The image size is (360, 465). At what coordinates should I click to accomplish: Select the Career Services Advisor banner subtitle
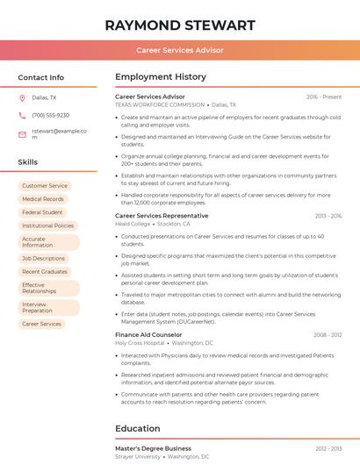(x=180, y=51)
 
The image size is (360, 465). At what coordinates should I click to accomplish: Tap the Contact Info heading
(x=41, y=77)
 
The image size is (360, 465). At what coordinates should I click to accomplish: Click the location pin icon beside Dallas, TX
(x=22, y=98)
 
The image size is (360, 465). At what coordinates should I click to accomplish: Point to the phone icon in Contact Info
(x=22, y=116)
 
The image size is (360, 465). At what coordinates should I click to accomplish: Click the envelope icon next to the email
(x=22, y=134)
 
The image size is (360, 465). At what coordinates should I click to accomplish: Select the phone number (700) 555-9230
(x=50, y=116)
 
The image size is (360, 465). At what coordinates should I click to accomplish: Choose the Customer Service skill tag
(x=45, y=186)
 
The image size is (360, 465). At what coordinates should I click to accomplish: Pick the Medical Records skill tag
(x=43, y=199)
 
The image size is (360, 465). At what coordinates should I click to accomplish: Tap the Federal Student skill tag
(x=42, y=212)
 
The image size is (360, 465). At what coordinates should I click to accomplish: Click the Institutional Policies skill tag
(x=48, y=225)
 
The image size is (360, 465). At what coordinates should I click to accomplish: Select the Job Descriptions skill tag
(x=44, y=259)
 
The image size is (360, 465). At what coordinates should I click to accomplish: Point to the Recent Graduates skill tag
(x=45, y=272)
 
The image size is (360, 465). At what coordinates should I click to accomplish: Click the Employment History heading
(x=161, y=77)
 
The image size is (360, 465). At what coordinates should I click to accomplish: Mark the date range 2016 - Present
(x=324, y=97)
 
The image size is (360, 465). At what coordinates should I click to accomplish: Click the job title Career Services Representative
(x=162, y=216)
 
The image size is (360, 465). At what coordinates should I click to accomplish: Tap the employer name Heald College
(x=133, y=224)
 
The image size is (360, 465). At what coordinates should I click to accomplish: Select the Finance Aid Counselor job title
(x=148, y=335)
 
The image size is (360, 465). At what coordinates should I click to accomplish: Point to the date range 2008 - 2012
(x=328, y=335)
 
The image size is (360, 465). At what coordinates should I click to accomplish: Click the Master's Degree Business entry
(x=153, y=448)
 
